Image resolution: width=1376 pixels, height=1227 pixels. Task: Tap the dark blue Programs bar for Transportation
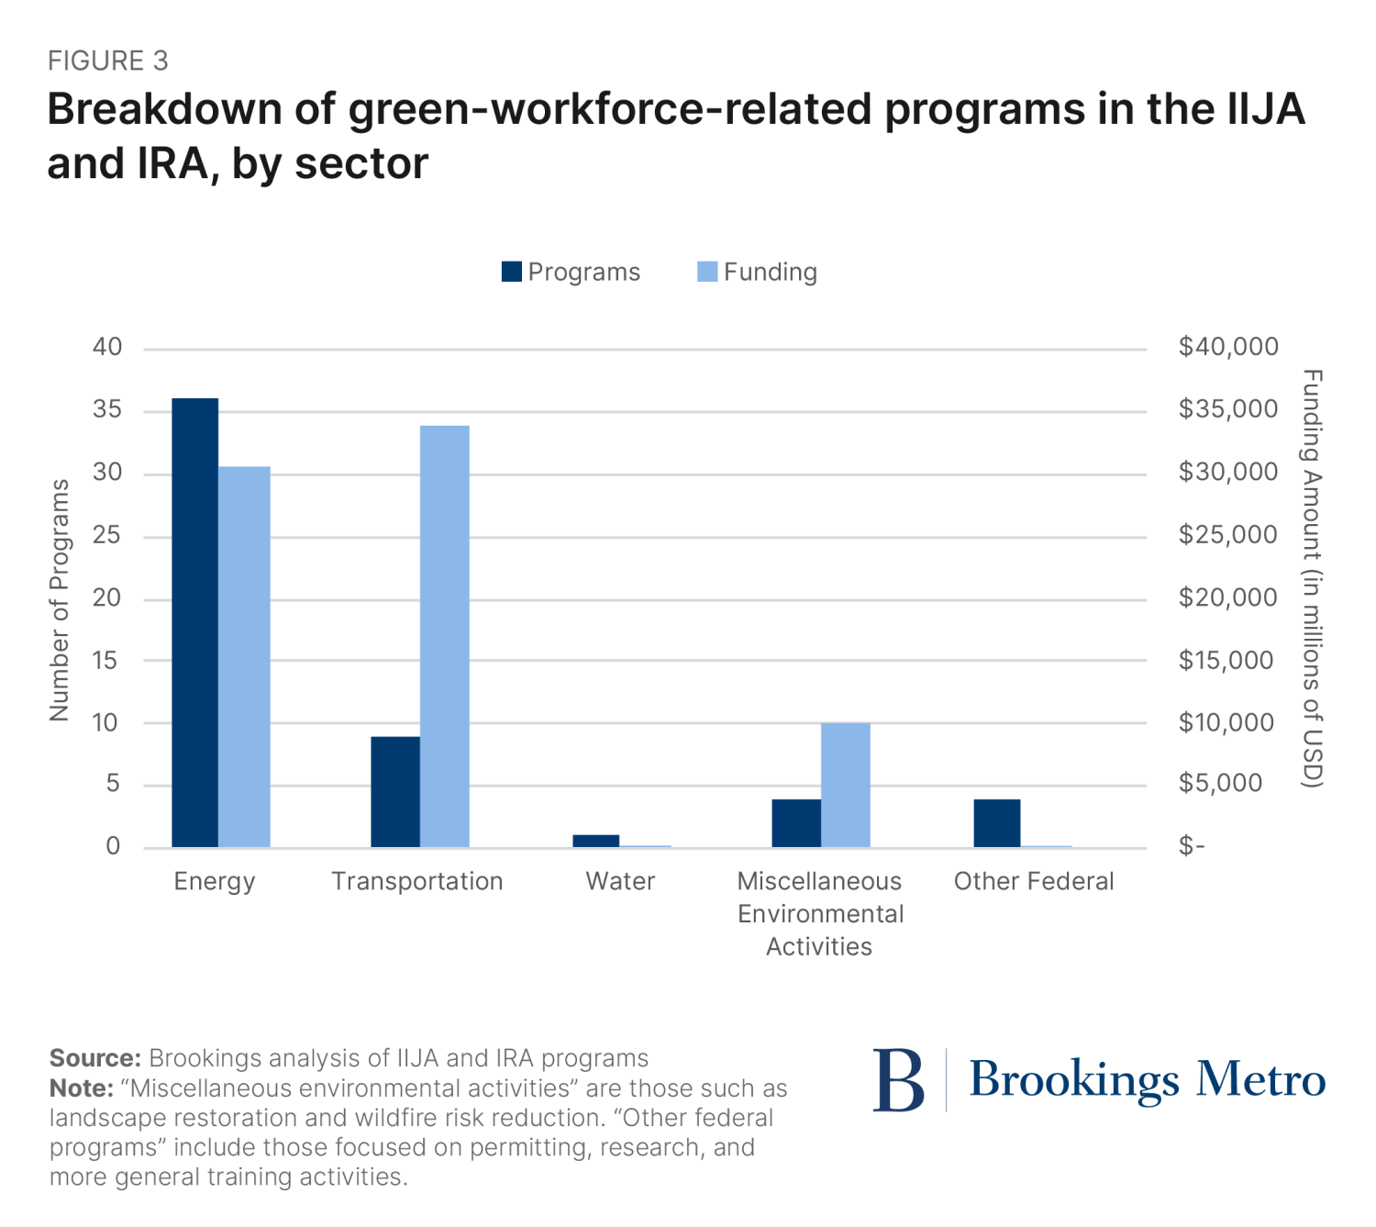tap(394, 791)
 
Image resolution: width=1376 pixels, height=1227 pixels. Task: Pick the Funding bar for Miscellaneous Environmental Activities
tap(845, 785)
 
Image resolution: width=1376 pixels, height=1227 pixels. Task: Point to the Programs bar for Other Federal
tap(996, 822)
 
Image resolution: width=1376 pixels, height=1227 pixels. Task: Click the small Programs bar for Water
tap(595, 841)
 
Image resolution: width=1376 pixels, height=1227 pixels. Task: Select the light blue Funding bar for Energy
tap(244, 656)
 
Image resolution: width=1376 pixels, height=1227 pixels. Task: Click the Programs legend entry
tap(571, 272)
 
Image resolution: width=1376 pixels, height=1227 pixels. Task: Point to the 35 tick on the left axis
tap(107, 409)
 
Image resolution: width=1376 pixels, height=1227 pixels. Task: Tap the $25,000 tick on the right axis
tap(1227, 534)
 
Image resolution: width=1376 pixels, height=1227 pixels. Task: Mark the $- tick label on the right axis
tap(1192, 846)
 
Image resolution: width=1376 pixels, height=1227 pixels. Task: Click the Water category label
tap(620, 881)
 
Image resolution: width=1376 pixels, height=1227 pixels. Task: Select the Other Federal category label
tap(1034, 881)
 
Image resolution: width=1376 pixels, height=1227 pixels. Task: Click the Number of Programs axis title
tap(60, 600)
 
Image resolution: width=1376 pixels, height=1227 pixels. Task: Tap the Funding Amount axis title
tap(1313, 578)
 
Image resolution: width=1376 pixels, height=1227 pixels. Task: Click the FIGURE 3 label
tap(108, 61)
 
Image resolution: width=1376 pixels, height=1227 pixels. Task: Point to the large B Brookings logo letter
tap(898, 1080)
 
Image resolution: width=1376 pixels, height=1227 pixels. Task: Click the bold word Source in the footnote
tap(94, 1058)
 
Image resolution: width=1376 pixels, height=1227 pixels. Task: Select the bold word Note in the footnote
tap(81, 1088)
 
